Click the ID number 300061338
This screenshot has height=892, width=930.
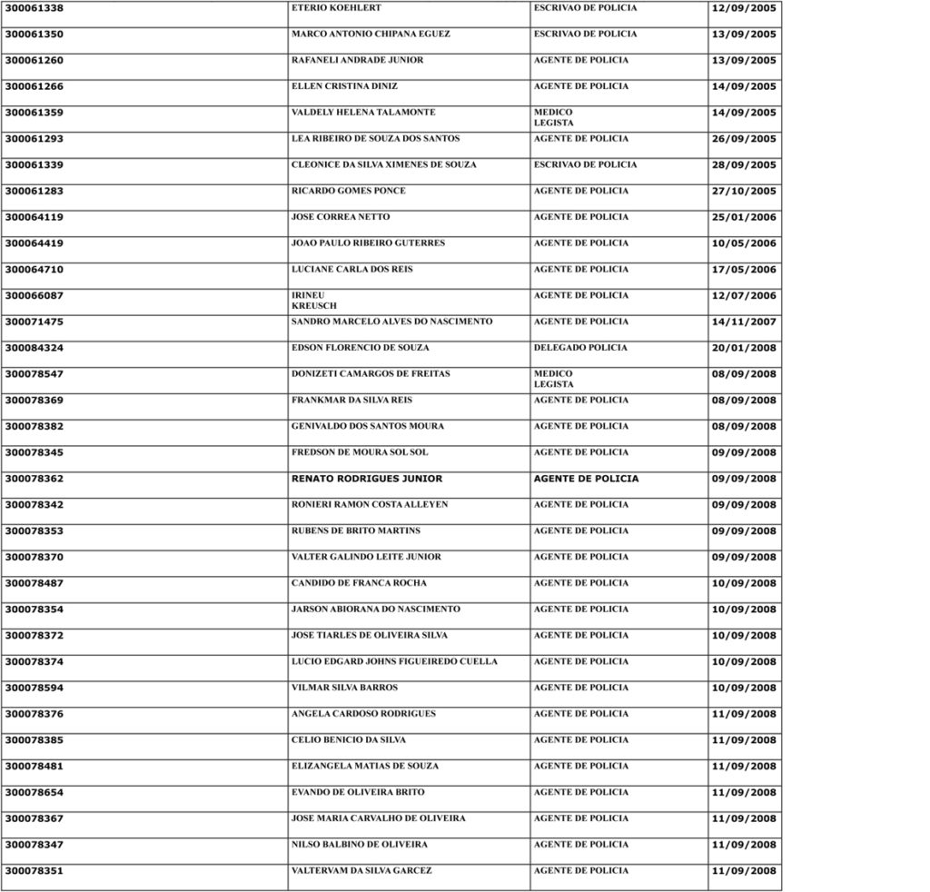(35, 8)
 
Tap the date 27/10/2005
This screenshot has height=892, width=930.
(744, 192)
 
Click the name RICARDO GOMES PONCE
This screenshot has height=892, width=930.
(349, 192)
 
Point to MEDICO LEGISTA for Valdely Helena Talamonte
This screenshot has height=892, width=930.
(553, 117)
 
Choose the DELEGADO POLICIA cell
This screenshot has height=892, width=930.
(580, 348)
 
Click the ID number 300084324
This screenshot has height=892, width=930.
(35, 349)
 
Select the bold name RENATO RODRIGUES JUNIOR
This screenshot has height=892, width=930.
(367, 479)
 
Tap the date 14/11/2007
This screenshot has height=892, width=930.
(744, 322)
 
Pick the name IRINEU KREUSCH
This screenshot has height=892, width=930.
(313, 301)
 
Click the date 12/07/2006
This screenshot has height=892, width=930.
(744, 296)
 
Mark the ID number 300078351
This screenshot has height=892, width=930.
(35, 871)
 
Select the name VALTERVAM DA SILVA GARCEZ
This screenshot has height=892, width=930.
(361, 871)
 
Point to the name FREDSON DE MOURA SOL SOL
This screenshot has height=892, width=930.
(360, 452)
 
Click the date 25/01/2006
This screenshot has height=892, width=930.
(744, 218)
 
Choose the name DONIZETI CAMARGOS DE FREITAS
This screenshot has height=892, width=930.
(371, 374)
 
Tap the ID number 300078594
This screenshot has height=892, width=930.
(35, 689)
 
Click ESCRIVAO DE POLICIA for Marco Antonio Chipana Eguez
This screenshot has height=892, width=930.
(585, 35)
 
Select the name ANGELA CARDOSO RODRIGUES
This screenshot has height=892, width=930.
(363, 714)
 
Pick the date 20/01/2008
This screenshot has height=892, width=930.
(744, 349)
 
